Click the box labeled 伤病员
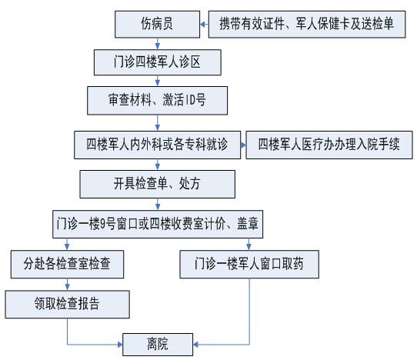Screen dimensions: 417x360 pos(157,24)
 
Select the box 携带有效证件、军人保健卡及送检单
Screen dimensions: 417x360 pos(307,24)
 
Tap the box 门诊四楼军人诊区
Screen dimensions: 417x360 pos(158,62)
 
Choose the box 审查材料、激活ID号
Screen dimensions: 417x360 pos(158,101)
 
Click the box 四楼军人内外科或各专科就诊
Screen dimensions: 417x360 pos(158,145)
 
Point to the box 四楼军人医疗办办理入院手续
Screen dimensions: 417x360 pos(329,145)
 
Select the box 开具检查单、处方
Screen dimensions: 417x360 pos(158,184)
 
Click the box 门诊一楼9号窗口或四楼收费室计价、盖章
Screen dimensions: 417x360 pos(158,224)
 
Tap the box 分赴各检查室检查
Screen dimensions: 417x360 pos(67,265)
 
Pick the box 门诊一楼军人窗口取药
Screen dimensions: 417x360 pos(249,265)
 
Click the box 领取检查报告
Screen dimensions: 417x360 pos(67,304)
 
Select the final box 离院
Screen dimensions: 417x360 pos(158,345)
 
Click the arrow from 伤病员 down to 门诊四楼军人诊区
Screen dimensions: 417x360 pos(158,44)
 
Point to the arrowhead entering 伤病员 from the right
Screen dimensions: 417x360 pos(202,25)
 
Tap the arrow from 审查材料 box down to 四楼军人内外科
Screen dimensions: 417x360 pos(158,123)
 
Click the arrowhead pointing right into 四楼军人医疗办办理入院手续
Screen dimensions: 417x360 pos(243,145)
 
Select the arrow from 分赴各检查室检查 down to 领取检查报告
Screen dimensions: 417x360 pos(67,284)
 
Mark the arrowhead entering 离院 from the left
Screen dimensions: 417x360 pos(120,345)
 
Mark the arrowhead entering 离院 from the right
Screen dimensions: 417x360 pos(195,345)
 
